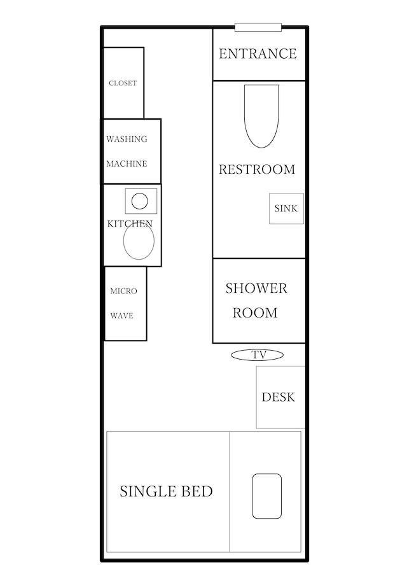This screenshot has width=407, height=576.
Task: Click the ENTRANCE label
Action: (x=258, y=53)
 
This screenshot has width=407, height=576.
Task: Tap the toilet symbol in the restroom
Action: (x=261, y=116)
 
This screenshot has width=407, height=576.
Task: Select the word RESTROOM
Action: (x=257, y=169)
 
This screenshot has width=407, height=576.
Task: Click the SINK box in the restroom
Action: (x=286, y=208)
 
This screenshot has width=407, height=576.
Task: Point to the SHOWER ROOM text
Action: (x=256, y=300)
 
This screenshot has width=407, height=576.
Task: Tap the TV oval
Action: (x=258, y=355)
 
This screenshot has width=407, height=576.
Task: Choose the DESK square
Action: (x=280, y=397)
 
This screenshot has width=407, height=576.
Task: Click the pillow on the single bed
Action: (x=267, y=496)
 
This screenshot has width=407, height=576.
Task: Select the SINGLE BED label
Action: (x=166, y=491)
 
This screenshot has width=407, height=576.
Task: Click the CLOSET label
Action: (x=123, y=83)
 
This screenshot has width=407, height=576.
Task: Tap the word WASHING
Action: (x=127, y=139)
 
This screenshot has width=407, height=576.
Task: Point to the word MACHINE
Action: (x=127, y=164)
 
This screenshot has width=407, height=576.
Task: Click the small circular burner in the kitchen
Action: (x=139, y=201)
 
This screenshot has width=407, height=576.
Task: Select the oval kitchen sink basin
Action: (x=139, y=241)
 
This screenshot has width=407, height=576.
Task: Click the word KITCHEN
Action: (x=130, y=223)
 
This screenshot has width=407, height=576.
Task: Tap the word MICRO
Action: (x=123, y=292)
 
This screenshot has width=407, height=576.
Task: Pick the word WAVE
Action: (x=122, y=316)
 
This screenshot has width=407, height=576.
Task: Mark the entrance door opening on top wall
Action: (x=258, y=27)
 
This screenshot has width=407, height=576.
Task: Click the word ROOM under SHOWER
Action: (x=255, y=313)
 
